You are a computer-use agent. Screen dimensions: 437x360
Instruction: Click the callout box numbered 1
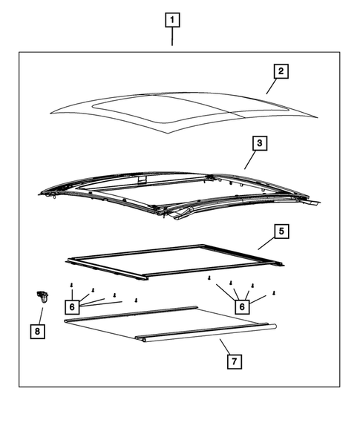pyautogui.click(x=172, y=20)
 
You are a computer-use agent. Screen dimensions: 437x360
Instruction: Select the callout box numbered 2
pyautogui.click(x=280, y=72)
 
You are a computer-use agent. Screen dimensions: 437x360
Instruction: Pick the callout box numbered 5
pyautogui.click(x=281, y=231)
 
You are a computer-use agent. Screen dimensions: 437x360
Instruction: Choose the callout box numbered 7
pyautogui.click(x=232, y=361)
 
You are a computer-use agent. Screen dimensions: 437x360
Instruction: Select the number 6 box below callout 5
pyautogui.click(x=241, y=306)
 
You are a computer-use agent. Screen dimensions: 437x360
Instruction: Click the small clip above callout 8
pyautogui.click(x=42, y=299)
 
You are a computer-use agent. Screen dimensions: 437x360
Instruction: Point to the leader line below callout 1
pyautogui.click(x=172, y=37)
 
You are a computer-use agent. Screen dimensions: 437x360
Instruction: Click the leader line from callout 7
pyautogui.click(x=223, y=346)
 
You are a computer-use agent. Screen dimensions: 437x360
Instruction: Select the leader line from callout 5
pyautogui.click(x=266, y=243)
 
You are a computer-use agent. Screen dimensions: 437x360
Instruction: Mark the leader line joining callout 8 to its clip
pyautogui.click(x=39, y=315)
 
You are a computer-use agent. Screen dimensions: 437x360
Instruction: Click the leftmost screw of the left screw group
pyautogui.click(x=71, y=285)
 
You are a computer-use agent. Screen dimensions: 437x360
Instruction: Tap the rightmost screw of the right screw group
pyautogui.click(x=275, y=293)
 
